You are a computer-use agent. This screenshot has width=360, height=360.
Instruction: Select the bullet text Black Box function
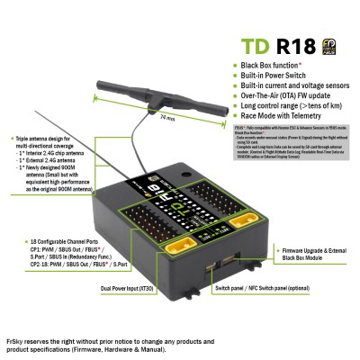[274, 66]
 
